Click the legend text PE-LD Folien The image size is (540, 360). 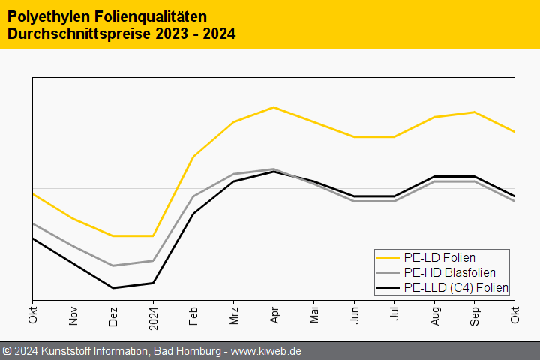pyautogui.click(x=439, y=258)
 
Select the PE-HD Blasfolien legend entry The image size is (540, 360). pyautogui.click(x=449, y=272)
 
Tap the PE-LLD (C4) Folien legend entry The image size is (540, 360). pyautogui.click(x=455, y=287)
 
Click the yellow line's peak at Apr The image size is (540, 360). pyautogui.click(x=274, y=107)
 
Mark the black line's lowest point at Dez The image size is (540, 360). pyautogui.click(x=113, y=288)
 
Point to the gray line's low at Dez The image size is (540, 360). pyautogui.click(x=113, y=265)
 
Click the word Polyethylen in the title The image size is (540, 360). pyautogui.click(x=49, y=16)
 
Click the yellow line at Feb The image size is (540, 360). pyautogui.click(x=193, y=157)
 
